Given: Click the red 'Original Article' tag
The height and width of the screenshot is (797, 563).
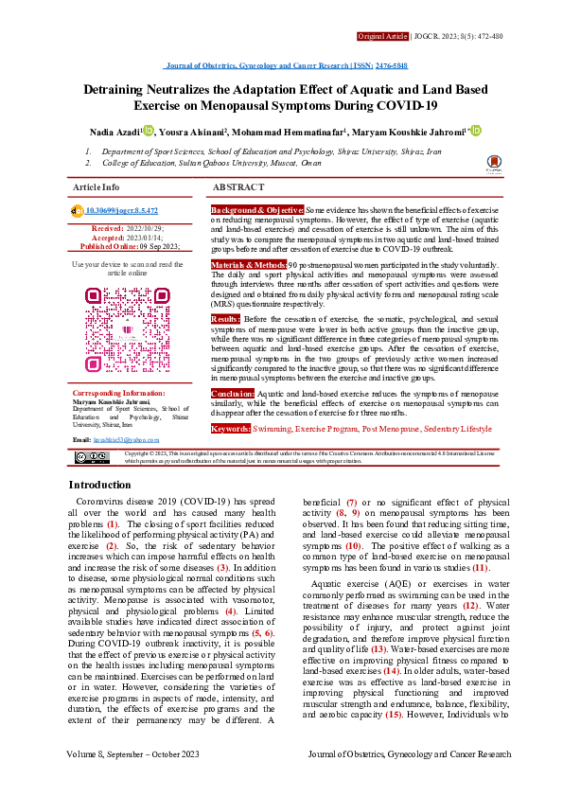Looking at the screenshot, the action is (382, 36).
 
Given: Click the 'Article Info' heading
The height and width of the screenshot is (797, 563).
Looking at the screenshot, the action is (97, 187).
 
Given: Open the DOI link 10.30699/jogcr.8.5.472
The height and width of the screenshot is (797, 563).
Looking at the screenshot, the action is (122, 210).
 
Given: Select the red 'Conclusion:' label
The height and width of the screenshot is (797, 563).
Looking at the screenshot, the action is (233, 417).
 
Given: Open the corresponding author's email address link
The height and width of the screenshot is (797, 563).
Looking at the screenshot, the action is (125, 441).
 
